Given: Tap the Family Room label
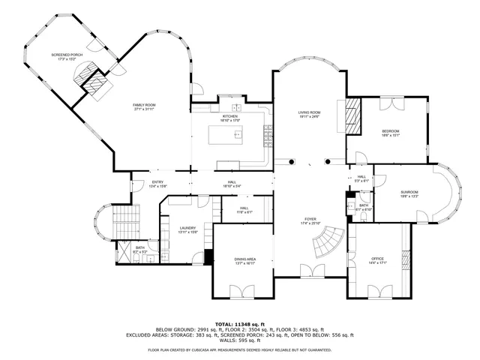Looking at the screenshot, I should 143,105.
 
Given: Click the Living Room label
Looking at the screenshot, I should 309,112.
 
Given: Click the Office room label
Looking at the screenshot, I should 377,259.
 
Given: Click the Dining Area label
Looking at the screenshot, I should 245,259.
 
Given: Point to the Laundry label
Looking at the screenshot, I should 187,228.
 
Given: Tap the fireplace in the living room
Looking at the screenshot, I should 352,114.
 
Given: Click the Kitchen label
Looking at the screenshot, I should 229,116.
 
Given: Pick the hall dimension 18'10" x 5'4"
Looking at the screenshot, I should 232,186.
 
